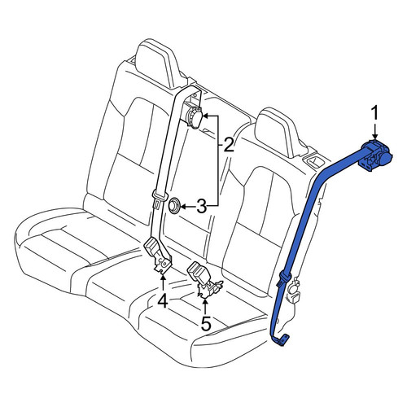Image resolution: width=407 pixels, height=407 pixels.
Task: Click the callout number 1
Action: point(374,113)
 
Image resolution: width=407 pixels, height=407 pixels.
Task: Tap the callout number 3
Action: point(201,207)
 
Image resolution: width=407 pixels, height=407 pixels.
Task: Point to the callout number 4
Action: point(163,302)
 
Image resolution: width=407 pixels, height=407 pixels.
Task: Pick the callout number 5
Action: point(206,323)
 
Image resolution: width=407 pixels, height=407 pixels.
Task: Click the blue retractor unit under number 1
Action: point(376,155)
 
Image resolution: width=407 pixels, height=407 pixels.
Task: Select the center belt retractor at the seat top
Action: point(194,116)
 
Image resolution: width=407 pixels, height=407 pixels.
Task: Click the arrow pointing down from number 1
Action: point(374,131)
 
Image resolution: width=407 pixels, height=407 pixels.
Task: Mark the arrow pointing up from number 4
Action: point(163,283)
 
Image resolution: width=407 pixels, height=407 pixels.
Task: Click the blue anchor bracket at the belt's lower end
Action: point(280,339)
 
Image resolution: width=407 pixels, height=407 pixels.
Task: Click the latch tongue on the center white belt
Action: point(159,199)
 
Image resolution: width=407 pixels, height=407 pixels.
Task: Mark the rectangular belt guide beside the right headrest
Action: point(315,161)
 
